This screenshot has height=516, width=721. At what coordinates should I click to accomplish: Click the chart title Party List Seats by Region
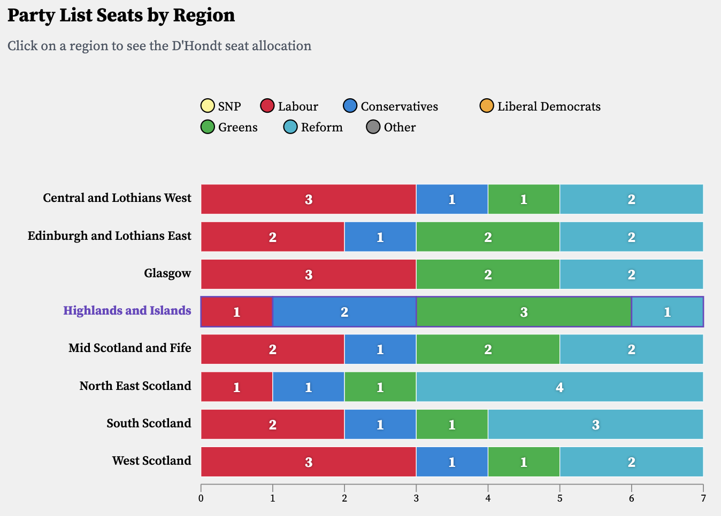click(x=121, y=15)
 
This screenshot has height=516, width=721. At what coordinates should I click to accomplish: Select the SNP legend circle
click(x=208, y=106)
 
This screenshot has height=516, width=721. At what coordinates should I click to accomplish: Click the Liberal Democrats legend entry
click(x=540, y=106)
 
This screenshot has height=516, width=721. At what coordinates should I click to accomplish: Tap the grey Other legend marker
click(x=373, y=127)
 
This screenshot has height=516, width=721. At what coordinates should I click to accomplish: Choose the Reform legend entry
click(x=313, y=127)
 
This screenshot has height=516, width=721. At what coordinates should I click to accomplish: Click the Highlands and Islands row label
click(x=127, y=310)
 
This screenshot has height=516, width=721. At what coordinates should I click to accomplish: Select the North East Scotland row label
click(x=135, y=386)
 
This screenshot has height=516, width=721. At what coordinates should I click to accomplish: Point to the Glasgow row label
click(x=167, y=273)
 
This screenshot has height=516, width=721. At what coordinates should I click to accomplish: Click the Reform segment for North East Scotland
click(x=559, y=387)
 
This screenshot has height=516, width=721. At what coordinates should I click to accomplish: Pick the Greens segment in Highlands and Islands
click(x=524, y=311)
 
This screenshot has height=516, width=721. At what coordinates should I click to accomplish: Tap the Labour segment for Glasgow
click(x=308, y=274)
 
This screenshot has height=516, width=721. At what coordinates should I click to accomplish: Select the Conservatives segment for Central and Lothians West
click(x=452, y=199)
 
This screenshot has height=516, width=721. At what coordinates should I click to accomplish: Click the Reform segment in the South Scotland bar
click(x=595, y=424)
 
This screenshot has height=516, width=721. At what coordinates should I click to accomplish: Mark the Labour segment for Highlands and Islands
click(x=236, y=311)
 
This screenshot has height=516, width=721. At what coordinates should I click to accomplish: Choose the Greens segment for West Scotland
click(x=524, y=462)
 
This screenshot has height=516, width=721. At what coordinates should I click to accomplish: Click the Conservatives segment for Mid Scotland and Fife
click(x=380, y=349)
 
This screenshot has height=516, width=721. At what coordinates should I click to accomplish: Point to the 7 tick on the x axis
click(x=703, y=498)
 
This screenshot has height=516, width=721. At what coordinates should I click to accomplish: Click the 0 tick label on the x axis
click(x=201, y=498)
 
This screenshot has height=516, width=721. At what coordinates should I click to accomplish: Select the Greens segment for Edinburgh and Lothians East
click(x=488, y=237)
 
